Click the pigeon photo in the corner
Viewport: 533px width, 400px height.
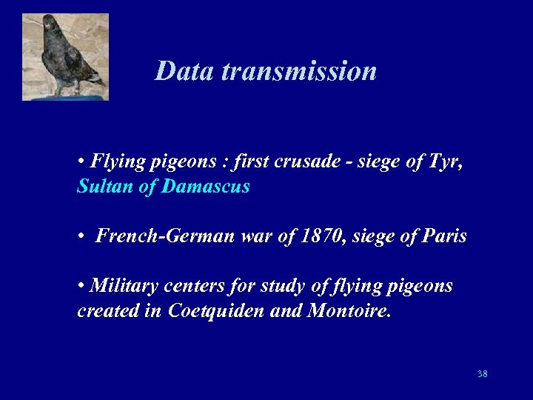65,57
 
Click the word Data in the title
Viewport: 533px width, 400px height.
185,71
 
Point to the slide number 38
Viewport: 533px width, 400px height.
483,374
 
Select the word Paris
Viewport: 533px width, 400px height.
443,236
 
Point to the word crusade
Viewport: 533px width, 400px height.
301,162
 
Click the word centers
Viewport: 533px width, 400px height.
191,286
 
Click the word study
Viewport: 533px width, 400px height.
270,286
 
